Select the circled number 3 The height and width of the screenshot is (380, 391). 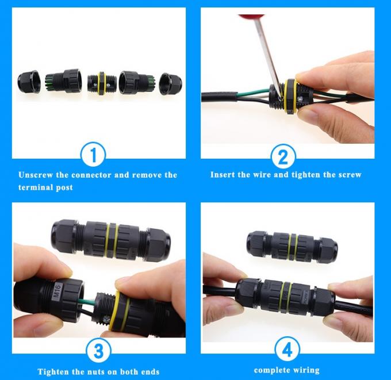coord(98,351)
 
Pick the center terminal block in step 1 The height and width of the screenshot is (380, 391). coord(101,83)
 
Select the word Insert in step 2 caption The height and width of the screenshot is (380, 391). coord(223,175)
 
